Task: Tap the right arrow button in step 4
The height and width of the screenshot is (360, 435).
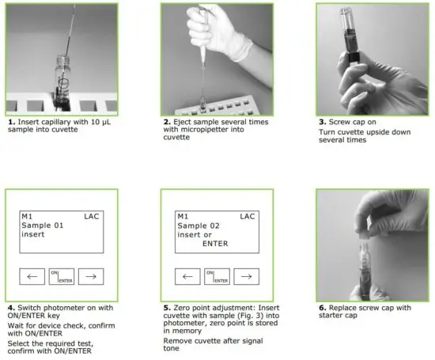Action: [91, 276]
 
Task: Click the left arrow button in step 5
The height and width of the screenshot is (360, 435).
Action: [187, 276]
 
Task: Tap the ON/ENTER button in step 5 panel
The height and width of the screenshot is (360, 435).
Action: [217, 276]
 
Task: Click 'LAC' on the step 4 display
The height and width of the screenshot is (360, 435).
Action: [93, 215]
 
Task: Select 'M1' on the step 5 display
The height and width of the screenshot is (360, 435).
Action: [183, 215]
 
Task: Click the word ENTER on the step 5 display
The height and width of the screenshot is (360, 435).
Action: [214, 244]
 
